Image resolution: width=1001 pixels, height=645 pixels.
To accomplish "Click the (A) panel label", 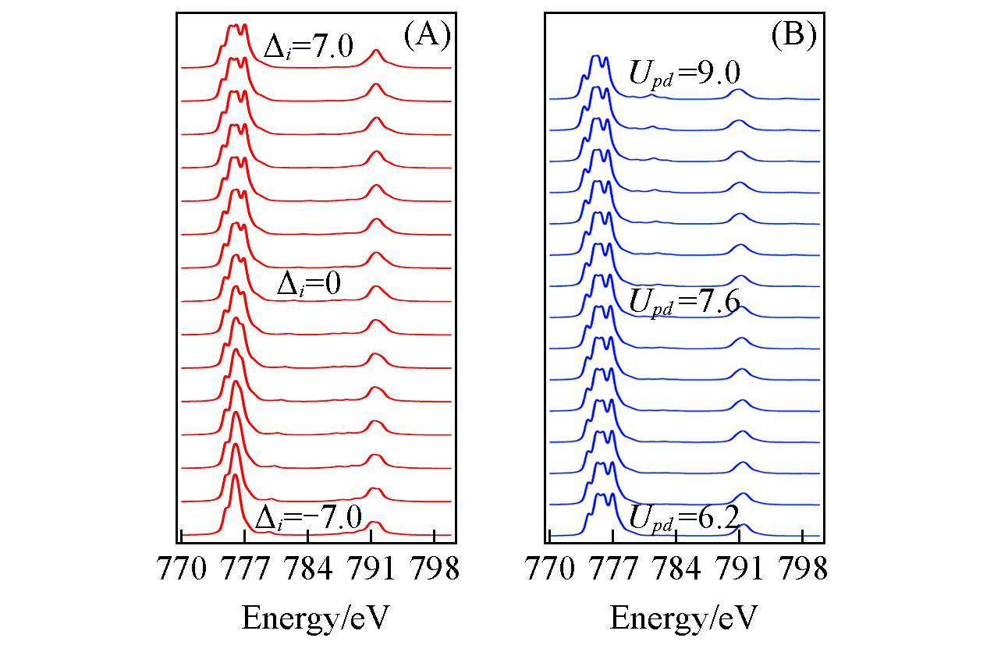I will coord(427,37).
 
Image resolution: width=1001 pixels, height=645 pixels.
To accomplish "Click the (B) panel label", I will coord(794,37).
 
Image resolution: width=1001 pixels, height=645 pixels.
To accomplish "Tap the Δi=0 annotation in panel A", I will coord(310,286).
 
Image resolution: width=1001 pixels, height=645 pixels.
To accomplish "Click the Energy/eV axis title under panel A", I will coord(315,618).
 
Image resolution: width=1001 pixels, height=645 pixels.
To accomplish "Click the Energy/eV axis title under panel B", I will coord(683,618).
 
